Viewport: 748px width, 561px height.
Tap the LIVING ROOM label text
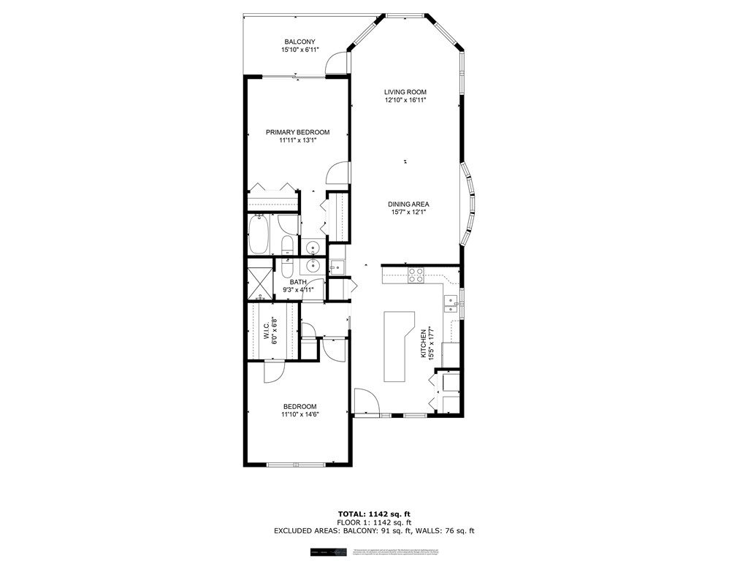[x=405, y=92]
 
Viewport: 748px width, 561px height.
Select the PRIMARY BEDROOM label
[x=297, y=132]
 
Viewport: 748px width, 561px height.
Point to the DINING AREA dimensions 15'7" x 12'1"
[x=408, y=213]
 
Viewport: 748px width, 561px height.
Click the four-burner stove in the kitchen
[x=416, y=275]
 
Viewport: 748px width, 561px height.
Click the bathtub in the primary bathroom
[x=259, y=234]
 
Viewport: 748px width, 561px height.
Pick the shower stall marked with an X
[x=259, y=280]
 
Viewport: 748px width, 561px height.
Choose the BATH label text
[x=298, y=282]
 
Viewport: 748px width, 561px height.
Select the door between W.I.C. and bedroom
[x=272, y=370]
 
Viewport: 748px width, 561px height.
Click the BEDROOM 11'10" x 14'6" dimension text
[x=299, y=414]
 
